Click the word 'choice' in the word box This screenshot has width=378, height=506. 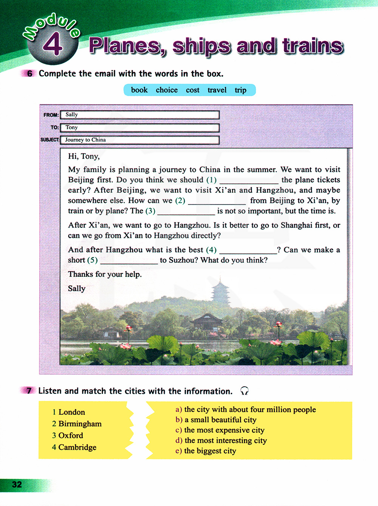[167, 90]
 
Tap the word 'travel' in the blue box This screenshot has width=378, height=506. [217, 90]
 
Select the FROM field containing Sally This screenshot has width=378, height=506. [139, 115]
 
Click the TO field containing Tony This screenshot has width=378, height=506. [139, 128]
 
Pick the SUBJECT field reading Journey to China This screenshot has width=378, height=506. [139, 140]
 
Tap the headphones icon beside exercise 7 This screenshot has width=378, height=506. [245, 391]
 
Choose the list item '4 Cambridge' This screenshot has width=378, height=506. [74, 447]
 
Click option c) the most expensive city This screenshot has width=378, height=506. [220, 430]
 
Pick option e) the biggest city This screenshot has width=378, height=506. [206, 451]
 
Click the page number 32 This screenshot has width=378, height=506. [17, 485]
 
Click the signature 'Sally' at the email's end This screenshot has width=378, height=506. [77, 289]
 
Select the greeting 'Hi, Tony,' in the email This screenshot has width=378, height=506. [84, 156]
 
